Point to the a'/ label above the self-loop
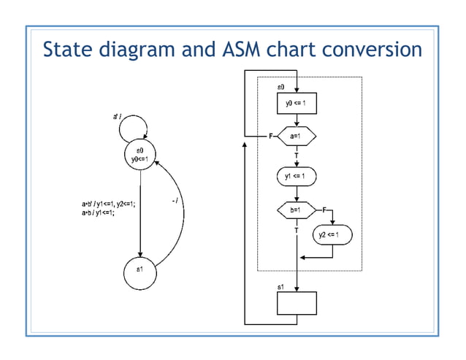[117, 115]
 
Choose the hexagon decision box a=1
[297, 137]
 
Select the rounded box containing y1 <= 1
[297, 176]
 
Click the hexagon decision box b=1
[297, 210]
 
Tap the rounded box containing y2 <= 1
[333, 234]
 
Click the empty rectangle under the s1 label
[297, 302]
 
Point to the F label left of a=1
[271, 137]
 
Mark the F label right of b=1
[324, 210]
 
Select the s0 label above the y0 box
[281, 88]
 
